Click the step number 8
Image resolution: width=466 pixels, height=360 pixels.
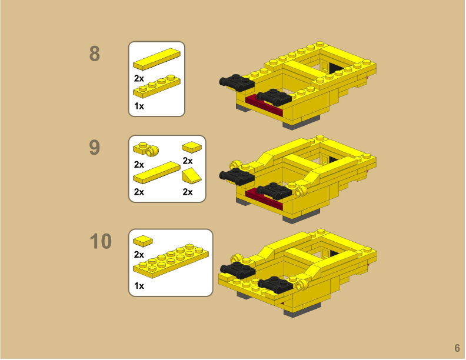click(x=94, y=54)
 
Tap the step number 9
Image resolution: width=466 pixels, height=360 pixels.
click(x=94, y=148)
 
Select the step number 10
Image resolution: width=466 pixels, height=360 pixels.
click(x=100, y=241)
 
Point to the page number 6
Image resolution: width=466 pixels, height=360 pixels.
click(x=457, y=348)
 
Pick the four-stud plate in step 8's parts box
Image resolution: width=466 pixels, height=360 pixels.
click(x=157, y=86)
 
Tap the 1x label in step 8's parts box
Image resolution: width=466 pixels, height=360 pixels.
click(x=139, y=106)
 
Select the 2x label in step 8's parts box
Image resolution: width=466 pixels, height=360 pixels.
click(x=139, y=78)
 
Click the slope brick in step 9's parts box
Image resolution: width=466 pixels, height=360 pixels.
click(x=191, y=175)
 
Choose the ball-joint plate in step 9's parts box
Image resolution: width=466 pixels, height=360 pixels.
click(x=147, y=149)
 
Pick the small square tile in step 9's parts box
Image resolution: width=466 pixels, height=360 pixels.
click(x=191, y=146)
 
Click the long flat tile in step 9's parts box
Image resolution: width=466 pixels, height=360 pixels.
click(x=157, y=173)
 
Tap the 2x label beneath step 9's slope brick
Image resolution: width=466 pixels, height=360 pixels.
click(x=188, y=192)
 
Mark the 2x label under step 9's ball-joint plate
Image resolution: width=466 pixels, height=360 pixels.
click(x=139, y=164)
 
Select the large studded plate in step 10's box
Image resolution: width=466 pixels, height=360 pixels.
click(x=171, y=263)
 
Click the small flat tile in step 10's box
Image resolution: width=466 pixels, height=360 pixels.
click(x=143, y=241)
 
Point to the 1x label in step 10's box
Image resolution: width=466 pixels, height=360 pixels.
click(x=139, y=286)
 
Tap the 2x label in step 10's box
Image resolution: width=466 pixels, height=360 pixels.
click(x=139, y=254)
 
